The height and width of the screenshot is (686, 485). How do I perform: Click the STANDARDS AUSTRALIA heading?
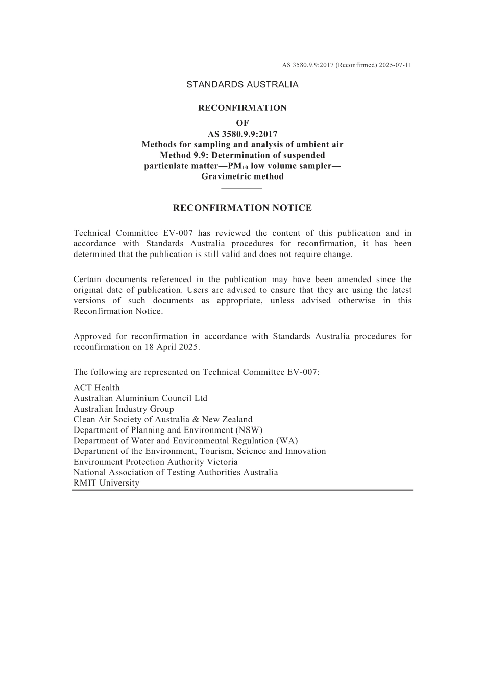point(242,85)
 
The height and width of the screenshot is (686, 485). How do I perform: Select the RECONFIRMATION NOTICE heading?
point(242,208)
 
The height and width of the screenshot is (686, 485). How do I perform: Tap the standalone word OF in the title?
point(242,123)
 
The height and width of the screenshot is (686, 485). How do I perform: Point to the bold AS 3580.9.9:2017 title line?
point(242,134)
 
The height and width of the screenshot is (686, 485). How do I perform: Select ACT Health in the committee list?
point(96,388)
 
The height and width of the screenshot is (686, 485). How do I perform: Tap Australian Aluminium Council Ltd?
point(140,398)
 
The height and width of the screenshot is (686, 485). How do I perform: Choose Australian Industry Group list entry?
point(124,409)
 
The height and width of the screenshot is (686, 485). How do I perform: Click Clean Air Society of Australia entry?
point(163,420)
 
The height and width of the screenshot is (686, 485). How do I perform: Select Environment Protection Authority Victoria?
point(156,462)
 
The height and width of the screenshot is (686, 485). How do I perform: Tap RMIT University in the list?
point(106,483)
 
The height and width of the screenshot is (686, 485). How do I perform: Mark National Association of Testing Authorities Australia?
point(176,473)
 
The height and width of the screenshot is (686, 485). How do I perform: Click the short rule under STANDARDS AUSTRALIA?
point(242,97)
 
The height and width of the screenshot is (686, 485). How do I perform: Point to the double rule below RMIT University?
point(242,490)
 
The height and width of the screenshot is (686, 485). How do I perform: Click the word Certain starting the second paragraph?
point(88,280)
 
